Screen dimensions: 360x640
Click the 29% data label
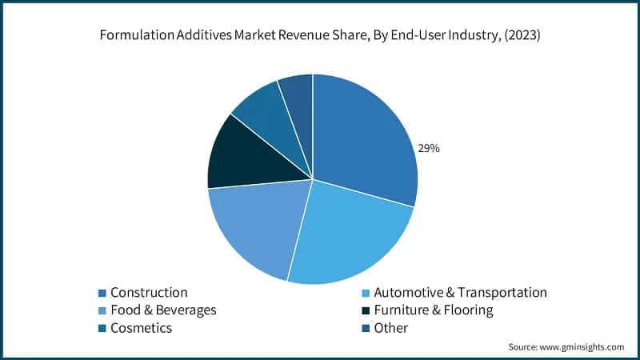428,148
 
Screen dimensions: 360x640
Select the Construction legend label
149,293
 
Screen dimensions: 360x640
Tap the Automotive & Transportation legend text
460,293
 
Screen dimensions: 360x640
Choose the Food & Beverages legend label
163,310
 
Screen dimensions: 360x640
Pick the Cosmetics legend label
141,327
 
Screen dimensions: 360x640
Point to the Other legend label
391,327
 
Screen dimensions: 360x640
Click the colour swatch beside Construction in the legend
102,293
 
